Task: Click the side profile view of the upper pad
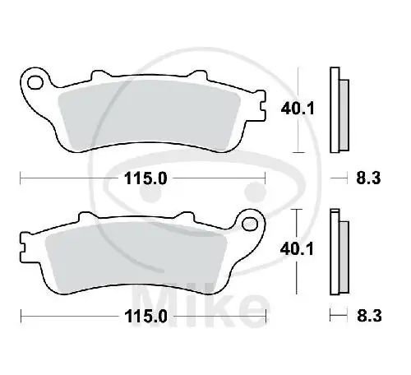point(335,109)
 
